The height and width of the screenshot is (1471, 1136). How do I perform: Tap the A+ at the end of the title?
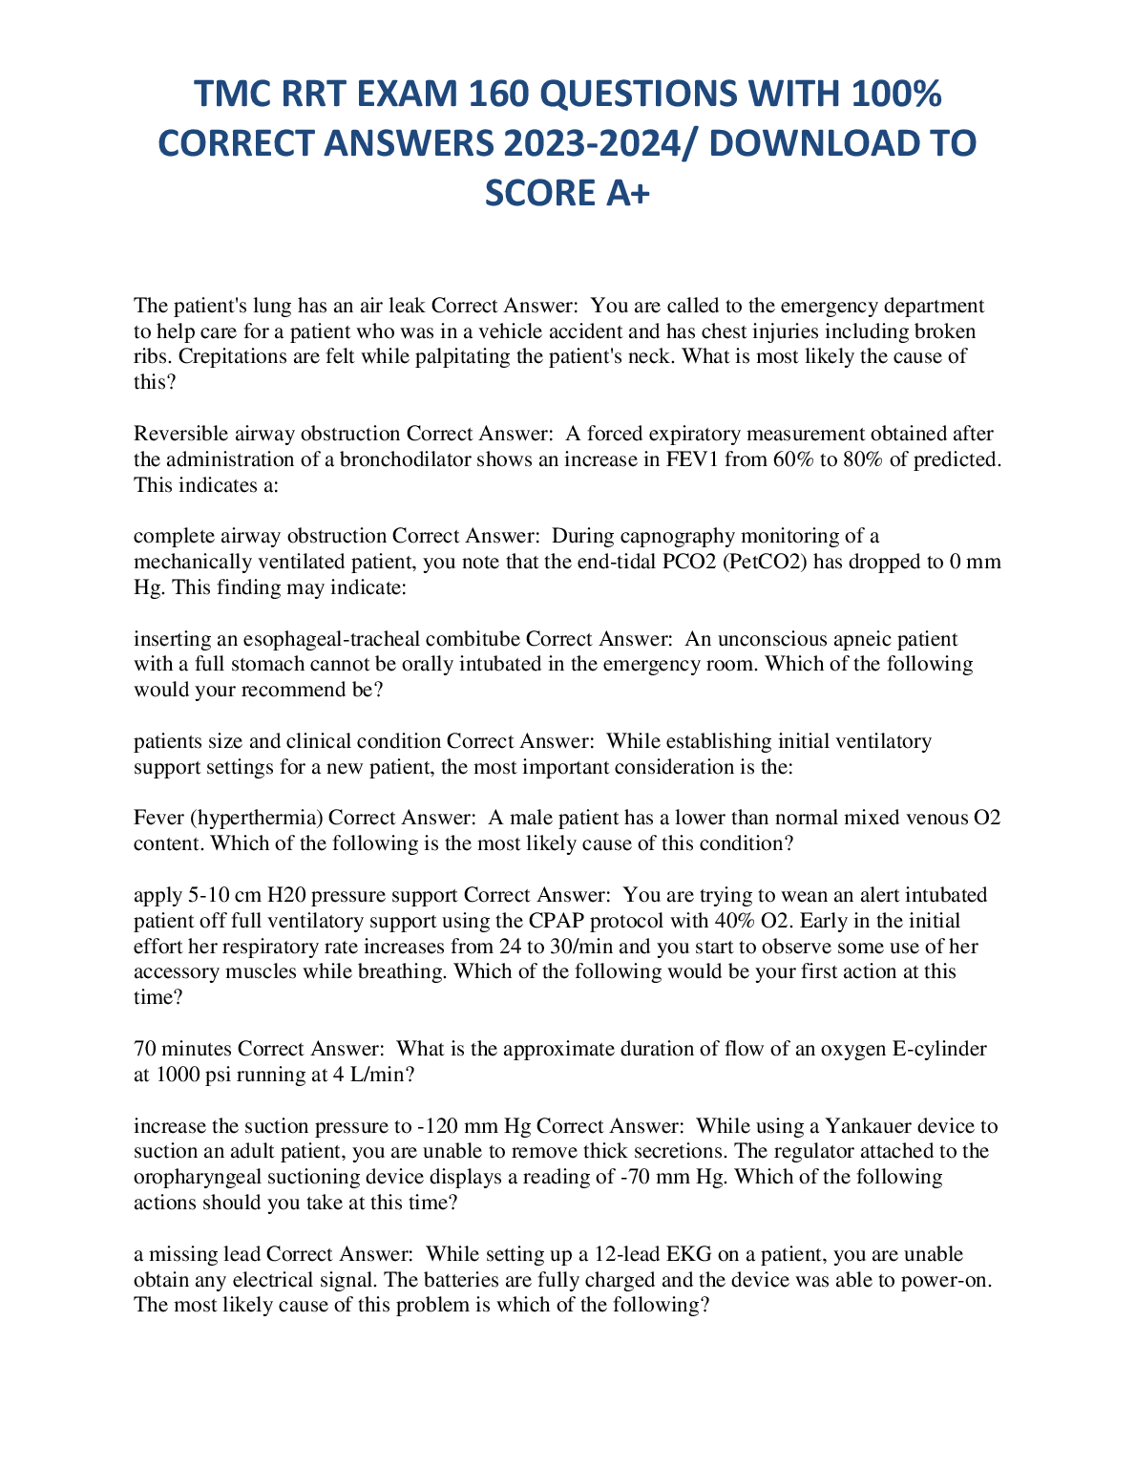tap(627, 193)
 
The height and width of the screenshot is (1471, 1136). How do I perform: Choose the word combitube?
tap(473, 638)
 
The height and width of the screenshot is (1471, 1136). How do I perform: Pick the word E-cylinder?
tap(938, 1049)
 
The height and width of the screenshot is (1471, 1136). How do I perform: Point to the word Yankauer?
tap(865, 1126)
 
